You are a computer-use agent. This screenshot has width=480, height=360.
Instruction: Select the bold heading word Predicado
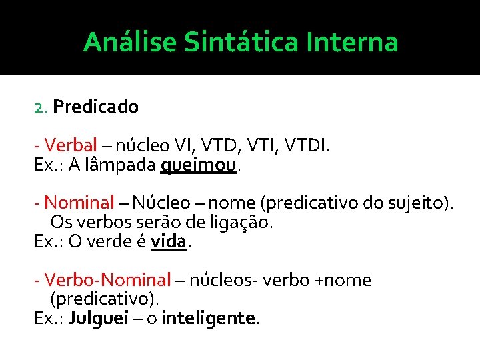(x=95, y=107)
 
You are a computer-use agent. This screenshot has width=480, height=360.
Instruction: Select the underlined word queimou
(x=199, y=165)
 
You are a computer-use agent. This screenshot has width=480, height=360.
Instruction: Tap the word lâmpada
(x=122, y=165)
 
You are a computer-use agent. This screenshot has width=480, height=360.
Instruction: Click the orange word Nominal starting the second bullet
(x=79, y=203)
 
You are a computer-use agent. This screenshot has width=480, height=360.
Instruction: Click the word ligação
(x=238, y=222)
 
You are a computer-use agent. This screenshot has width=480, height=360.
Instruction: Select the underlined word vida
(x=169, y=241)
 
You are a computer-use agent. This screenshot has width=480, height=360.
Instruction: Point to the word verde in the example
(x=107, y=241)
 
